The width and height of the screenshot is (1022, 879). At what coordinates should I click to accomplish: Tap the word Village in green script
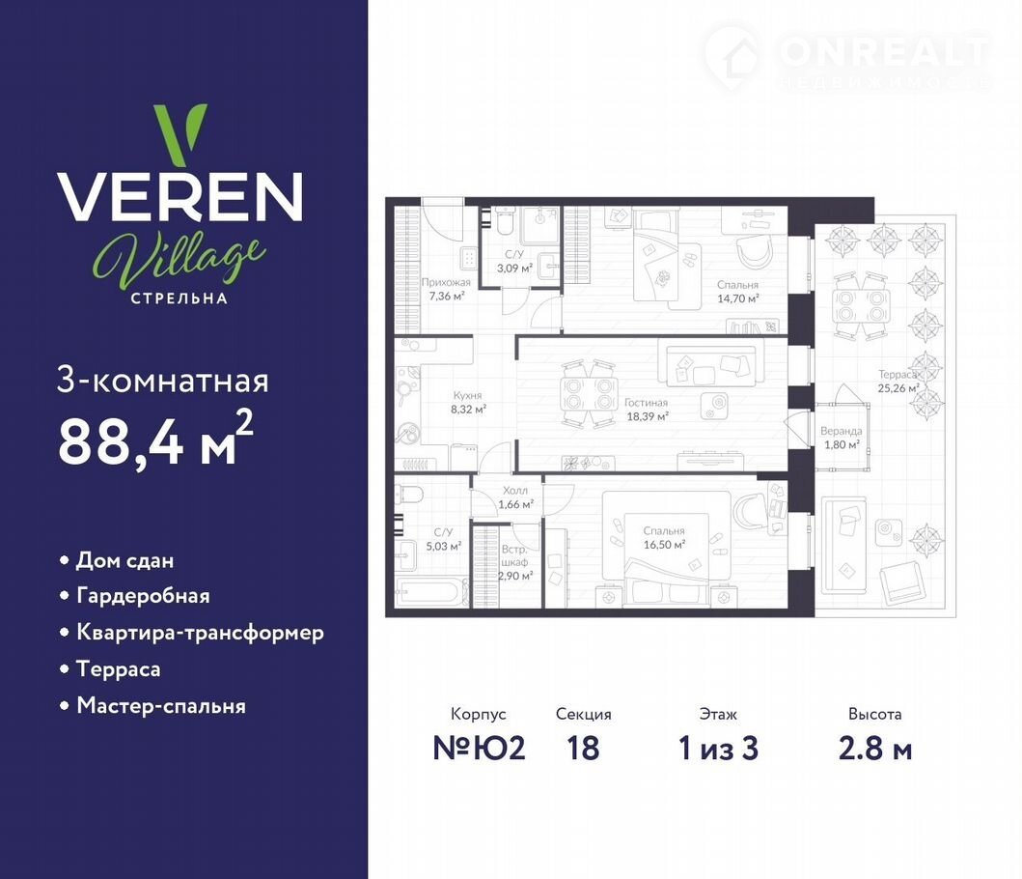180,260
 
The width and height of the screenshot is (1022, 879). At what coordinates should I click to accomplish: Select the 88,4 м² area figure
155,439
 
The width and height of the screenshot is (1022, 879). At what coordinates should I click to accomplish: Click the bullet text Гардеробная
144,596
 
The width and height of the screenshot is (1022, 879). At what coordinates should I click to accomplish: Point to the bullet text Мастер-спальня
161,706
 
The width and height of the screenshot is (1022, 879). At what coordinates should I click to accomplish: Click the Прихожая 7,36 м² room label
446,289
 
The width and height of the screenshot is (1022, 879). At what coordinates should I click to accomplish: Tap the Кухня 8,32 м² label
468,403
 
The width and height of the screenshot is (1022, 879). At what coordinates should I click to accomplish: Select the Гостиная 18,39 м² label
647,410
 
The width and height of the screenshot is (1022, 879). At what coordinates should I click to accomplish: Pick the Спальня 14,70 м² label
738,292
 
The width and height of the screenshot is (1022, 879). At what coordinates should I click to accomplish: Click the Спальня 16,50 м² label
664,538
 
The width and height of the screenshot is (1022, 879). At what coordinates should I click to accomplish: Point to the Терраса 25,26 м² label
898,382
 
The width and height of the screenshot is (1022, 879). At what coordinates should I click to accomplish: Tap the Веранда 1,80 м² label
841,438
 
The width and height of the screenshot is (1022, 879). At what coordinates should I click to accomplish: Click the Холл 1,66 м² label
515,497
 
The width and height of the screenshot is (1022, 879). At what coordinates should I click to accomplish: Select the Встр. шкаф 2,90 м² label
515,562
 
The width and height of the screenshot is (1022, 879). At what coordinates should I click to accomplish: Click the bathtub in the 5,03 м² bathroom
429,592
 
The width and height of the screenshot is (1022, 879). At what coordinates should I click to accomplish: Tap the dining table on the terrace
861,305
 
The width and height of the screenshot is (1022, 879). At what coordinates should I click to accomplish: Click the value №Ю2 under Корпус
479,748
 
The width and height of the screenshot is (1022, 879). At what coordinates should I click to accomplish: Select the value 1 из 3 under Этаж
718,748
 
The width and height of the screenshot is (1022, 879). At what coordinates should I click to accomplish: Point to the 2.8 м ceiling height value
874,748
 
